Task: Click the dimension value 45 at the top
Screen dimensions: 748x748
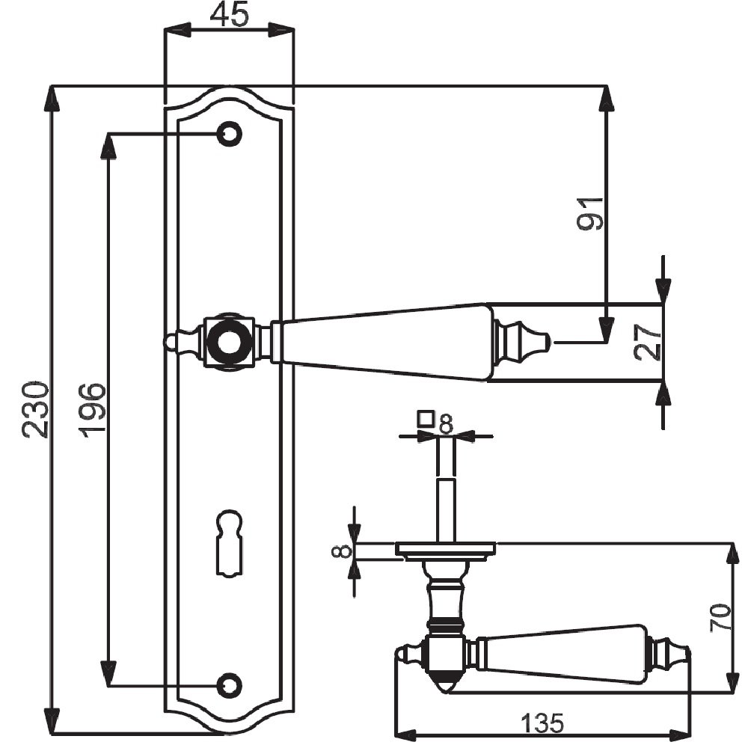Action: pos(230,15)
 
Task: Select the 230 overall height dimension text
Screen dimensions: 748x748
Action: pos(36,409)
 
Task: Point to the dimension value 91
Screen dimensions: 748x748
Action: pos(591,214)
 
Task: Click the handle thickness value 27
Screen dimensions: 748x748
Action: pos(649,342)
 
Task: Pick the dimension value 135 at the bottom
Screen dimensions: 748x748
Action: pos(542,723)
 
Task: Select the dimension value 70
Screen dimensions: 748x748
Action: pos(720,618)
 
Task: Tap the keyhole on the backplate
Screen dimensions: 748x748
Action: pos(230,544)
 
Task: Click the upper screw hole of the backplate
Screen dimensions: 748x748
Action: pos(230,134)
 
